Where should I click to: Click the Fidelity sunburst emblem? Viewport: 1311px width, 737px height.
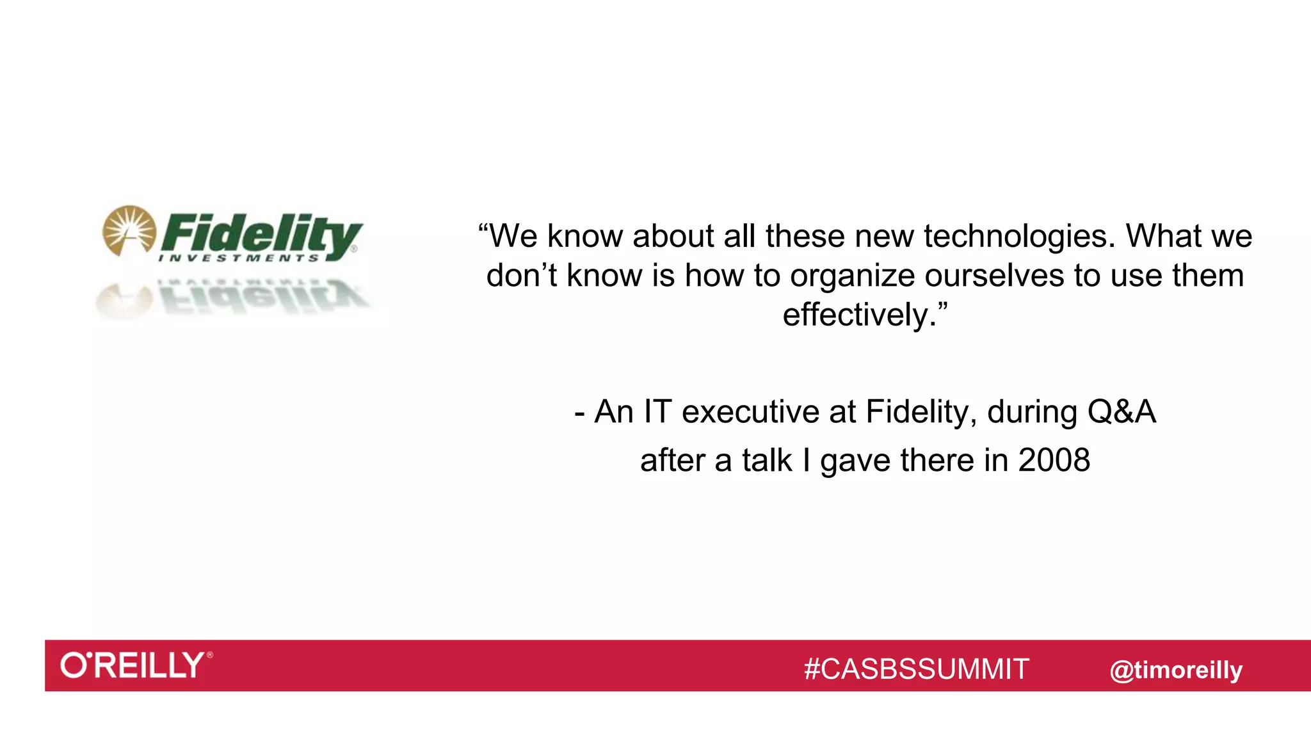click(x=129, y=230)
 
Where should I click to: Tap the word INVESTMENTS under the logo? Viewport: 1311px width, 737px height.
click(x=238, y=258)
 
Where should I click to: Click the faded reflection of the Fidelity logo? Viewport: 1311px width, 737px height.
click(x=234, y=297)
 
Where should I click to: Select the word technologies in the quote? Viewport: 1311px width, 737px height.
click(x=1019, y=237)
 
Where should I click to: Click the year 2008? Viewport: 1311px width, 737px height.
click(x=1054, y=461)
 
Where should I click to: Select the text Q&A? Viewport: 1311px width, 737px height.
click(x=1121, y=412)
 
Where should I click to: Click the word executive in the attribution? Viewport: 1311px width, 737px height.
click(x=750, y=412)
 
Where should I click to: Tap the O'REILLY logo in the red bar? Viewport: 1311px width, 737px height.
click(x=136, y=665)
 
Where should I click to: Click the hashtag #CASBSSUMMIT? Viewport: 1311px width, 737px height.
click(x=916, y=669)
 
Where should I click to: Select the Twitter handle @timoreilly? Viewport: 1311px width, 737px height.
click(x=1175, y=670)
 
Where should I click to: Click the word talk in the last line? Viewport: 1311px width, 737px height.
click(x=767, y=461)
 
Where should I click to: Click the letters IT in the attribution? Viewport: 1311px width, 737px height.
click(x=657, y=412)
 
